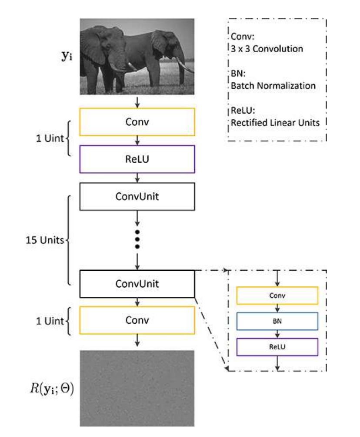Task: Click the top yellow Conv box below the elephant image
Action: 137,121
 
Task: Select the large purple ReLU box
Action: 137,159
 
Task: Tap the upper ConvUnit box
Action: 137,196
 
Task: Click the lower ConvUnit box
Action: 137,284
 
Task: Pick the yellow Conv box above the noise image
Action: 137,320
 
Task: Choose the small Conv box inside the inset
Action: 277,296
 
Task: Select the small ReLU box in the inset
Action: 277,347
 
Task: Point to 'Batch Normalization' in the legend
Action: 273,85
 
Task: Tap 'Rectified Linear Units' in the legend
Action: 275,122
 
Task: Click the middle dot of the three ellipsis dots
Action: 137,239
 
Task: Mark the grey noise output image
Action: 137,387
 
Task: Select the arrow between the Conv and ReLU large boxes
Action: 137,140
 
